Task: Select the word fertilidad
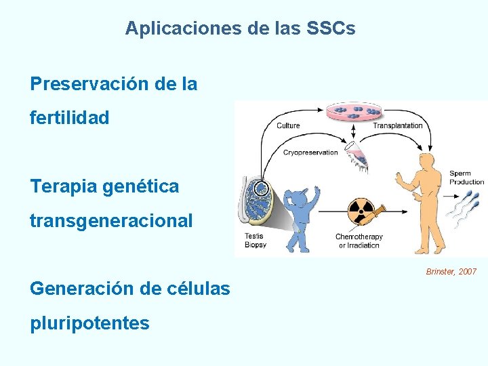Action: coord(69,118)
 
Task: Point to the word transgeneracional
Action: coord(111,220)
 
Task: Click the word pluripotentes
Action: coord(89,323)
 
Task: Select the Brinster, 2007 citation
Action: coord(451,272)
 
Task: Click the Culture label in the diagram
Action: coord(288,125)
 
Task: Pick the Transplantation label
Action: coord(397,125)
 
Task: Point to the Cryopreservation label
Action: coord(310,152)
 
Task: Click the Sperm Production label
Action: coord(466,178)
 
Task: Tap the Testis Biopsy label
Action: coord(256,240)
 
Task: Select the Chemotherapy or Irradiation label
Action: coord(359,241)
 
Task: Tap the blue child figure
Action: coord(302,210)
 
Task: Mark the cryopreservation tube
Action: coord(357,154)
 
